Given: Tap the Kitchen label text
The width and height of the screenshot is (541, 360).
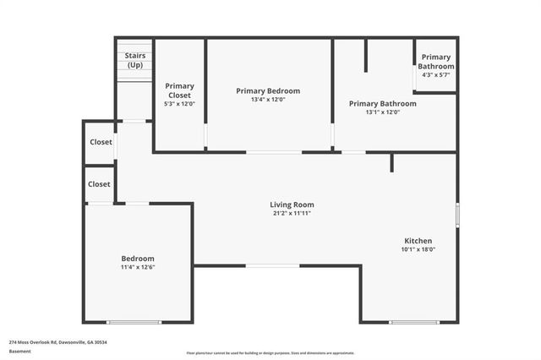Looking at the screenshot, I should pyautogui.click(x=418, y=240).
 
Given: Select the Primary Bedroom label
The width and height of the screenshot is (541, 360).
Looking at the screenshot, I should pyautogui.click(x=268, y=91).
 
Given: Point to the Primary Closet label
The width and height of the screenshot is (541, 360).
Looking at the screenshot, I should pyautogui.click(x=179, y=90).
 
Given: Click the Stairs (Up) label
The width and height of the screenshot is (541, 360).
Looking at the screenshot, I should pyautogui.click(x=134, y=61).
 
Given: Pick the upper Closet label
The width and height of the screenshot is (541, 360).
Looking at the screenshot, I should pyautogui.click(x=100, y=143).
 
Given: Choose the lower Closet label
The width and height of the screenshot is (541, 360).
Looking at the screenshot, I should pyautogui.click(x=99, y=184).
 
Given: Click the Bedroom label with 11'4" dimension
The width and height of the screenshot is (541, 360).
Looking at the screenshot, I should pyautogui.click(x=137, y=259).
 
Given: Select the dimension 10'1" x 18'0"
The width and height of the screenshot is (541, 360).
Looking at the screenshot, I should pyautogui.click(x=418, y=249).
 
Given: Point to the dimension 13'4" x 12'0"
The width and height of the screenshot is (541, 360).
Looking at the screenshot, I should pyautogui.click(x=268, y=101).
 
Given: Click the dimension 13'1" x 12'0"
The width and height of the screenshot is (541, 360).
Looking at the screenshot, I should pyautogui.click(x=382, y=112).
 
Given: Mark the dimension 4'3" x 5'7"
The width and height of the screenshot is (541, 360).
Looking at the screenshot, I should pyautogui.click(x=436, y=75).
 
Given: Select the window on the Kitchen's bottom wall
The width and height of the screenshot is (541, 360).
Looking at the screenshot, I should pyautogui.click(x=414, y=322).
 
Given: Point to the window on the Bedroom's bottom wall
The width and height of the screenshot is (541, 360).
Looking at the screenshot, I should pyautogui.click(x=134, y=322).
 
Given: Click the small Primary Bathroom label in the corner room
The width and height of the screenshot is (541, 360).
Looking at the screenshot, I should pyautogui.click(x=436, y=62).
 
